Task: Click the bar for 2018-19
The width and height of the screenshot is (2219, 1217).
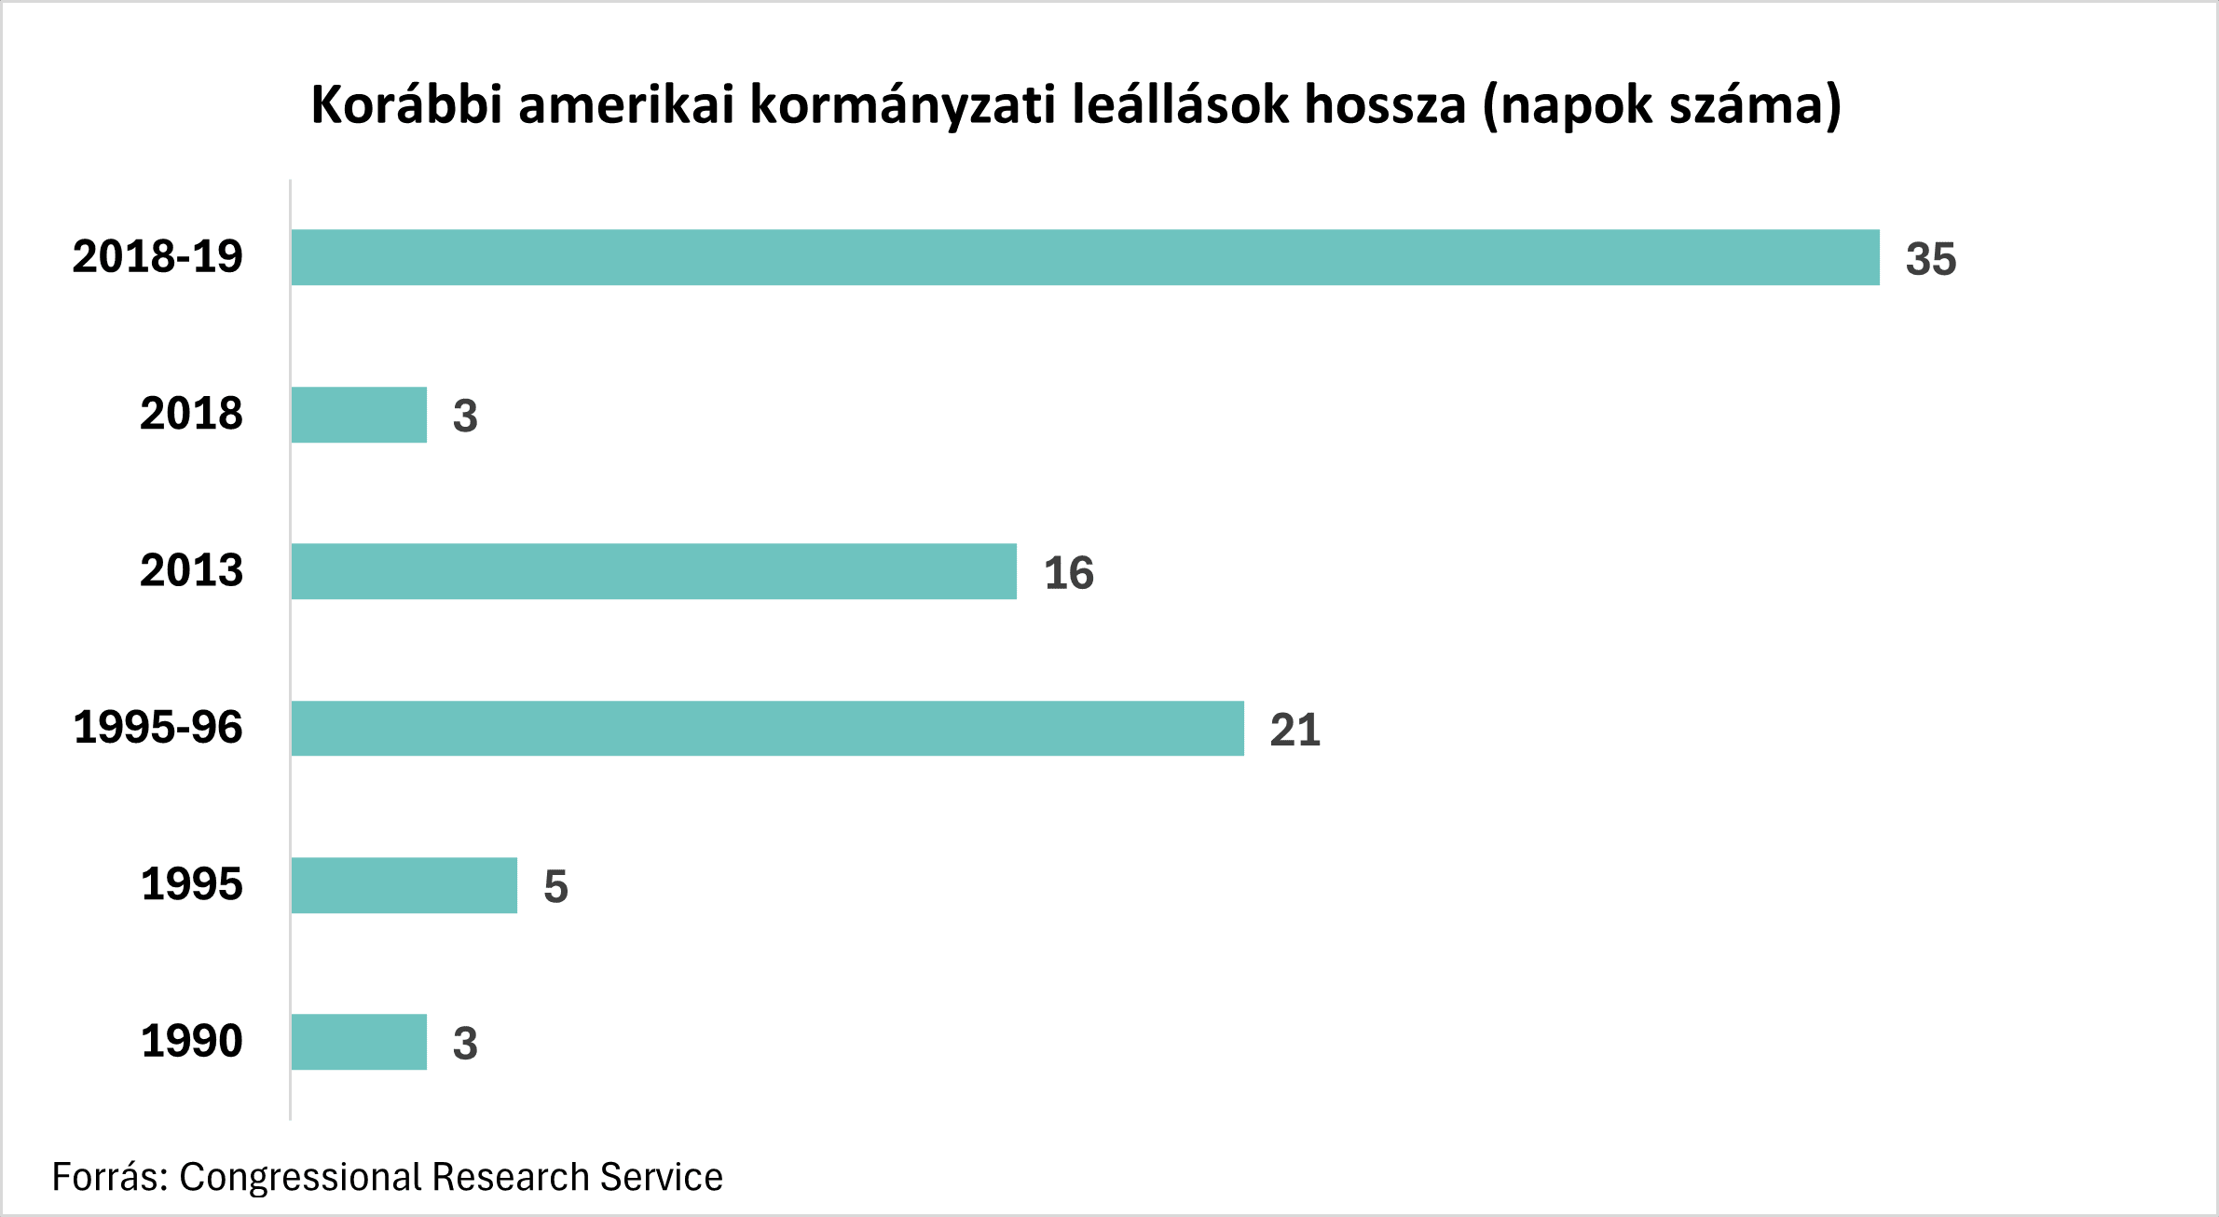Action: point(1085,257)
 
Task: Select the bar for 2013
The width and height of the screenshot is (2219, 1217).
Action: point(653,571)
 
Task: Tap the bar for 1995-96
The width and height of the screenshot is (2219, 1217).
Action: point(767,728)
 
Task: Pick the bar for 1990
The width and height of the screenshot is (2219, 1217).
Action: point(359,1042)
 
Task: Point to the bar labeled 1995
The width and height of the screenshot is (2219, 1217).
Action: point(404,885)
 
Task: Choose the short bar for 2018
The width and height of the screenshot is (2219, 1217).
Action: point(359,415)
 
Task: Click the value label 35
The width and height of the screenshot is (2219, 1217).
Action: point(1930,259)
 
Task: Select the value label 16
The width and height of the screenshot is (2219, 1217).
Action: point(1068,573)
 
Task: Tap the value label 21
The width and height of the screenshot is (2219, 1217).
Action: point(1294,730)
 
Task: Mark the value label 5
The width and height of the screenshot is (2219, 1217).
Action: point(555,886)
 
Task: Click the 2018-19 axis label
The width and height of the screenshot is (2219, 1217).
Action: point(158,256)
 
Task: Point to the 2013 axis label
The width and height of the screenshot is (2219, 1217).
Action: point(191,570)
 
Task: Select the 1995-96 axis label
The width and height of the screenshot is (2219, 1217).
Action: point(158,727)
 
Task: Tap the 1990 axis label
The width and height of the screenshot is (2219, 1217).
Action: point(191,1041)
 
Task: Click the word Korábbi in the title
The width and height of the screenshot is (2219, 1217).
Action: point(406,103)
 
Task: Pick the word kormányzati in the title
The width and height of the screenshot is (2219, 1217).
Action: point(902,105)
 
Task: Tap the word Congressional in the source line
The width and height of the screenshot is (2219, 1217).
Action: point(299,1178)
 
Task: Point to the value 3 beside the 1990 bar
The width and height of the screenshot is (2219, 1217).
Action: point(465,1044)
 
